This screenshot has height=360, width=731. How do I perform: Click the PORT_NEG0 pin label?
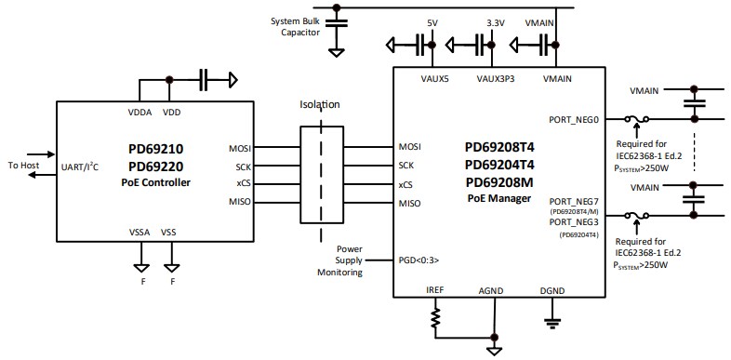click(x=575, y=119)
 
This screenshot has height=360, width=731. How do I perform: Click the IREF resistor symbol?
click(x=435, y=321)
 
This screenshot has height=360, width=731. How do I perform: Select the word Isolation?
click(x=320, y=105)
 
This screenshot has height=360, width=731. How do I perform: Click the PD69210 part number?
click(x=157, y=148)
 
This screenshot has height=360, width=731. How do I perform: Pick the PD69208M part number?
click(x=498, y=181)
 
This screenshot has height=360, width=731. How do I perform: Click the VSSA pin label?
click(x=140, y=233)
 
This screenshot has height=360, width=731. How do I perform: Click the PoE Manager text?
click(x=498, y=198)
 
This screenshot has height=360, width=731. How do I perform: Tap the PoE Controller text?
click(x=157, y=182)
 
